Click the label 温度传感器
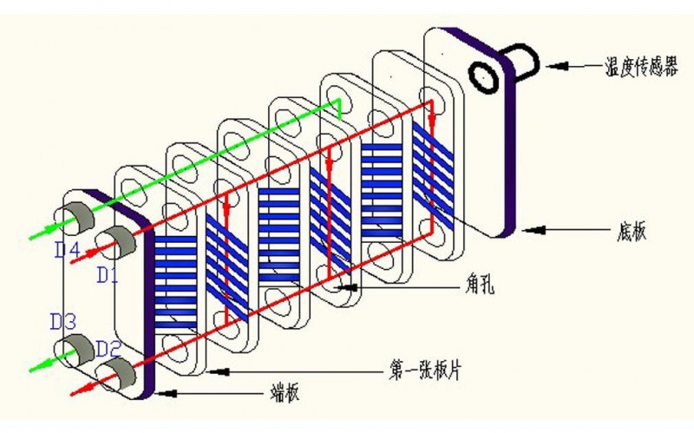click(x=641, y=66)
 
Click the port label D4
click(x=64, y=253)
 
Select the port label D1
click(x=106, y=275)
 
